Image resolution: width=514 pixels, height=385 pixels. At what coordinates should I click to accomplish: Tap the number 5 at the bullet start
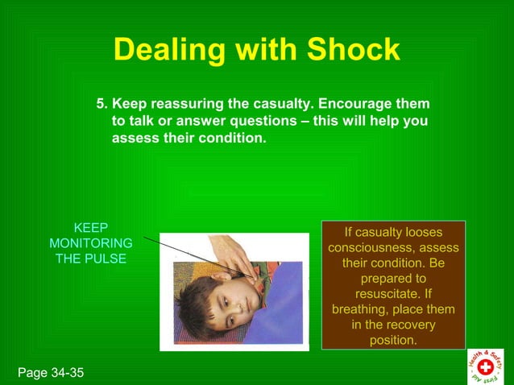point(101,105)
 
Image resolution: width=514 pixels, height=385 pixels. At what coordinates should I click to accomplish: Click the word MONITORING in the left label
point(91,243)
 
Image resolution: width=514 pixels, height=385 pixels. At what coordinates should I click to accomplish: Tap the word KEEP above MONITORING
point(91,228)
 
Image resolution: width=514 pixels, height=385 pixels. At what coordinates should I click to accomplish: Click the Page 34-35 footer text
point(49,373)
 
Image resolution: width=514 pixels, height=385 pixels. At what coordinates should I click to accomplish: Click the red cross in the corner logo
point(486,366)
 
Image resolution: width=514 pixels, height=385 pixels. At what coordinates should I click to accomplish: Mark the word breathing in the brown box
point(361,309)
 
